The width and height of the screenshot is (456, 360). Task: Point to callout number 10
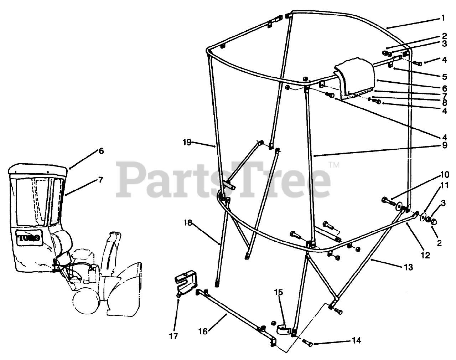tap(444, 175)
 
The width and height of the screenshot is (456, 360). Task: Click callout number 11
tap(444, 185)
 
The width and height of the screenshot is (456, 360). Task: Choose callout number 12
tap(425, 255)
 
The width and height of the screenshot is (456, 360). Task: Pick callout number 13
tap(408, 267)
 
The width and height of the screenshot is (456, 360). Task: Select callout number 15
tap(279, 293)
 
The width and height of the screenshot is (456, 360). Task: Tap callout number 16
tap(202, 331)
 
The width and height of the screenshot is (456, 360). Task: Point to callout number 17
tap(175, 336)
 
